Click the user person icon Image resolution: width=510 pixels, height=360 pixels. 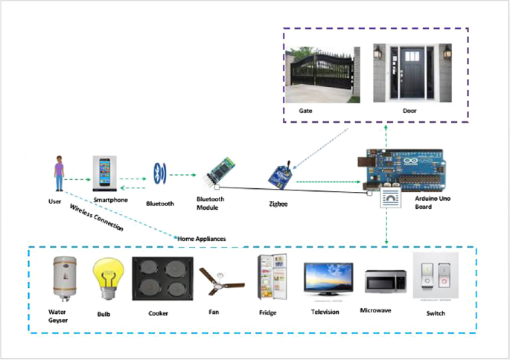[59, 175]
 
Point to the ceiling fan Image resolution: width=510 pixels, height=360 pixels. [223, 281]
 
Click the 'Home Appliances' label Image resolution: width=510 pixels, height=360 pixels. [201, 239]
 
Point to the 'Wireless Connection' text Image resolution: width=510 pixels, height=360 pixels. [96, 218]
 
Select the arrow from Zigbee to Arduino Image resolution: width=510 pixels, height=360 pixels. [328, 181]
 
